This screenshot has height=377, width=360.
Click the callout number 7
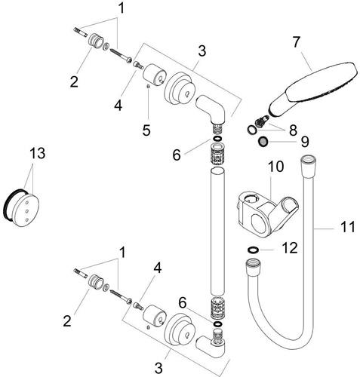tap(297, 42)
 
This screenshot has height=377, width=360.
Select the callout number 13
tap(38, 153)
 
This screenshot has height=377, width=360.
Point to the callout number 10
tap(275, 167)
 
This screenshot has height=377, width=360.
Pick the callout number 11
tap(347, 227)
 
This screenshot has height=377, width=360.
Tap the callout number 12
tap(290, 248)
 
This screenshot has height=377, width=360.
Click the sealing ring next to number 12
tap(253, 250)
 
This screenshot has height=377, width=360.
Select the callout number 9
tap(305, 143)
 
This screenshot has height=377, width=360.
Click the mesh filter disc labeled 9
tap(263, 142)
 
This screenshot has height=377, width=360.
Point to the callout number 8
tap(293, 130)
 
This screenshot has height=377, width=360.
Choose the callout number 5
tap(146, 130)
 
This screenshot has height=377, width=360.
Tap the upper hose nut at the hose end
tap(309, 161)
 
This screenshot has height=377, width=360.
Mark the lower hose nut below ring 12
tap(253, 265)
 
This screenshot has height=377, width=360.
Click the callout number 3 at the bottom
tap(158, 369)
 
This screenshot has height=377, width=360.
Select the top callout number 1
tap(122, 8)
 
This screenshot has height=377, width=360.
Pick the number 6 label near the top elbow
tap(177, 155)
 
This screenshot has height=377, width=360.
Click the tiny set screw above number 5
tap(148, 86)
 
